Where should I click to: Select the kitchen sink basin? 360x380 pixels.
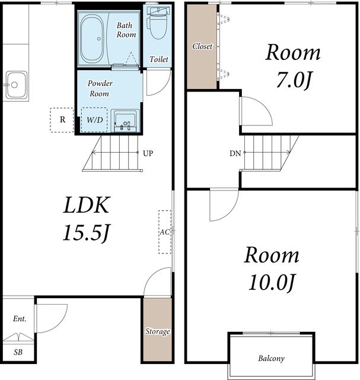16,85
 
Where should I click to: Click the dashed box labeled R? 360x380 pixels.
62,120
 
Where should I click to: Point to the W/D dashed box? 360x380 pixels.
94,120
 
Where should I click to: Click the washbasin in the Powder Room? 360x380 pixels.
125,121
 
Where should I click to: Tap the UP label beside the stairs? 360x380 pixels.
148,153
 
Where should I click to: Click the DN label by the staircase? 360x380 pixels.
235,153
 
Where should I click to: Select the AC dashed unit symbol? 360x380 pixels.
165,232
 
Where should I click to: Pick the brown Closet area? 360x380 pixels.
202,47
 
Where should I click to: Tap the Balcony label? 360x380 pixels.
271,359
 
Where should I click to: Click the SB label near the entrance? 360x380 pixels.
18,352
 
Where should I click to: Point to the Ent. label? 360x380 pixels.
20,319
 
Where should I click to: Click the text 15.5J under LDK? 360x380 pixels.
87,233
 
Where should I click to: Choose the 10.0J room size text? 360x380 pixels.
272,283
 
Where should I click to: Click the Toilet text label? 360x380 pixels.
158,59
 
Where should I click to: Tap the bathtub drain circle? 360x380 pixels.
99,39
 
